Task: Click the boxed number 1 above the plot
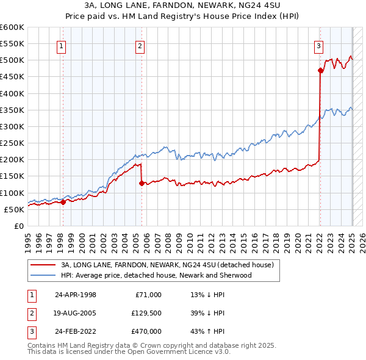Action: tap(62, 45)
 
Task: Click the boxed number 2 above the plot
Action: tap(140, 45)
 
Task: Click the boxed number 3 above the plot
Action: tap(318, 45)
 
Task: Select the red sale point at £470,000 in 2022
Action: tap(320, 70)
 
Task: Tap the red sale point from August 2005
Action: tap(142, 182)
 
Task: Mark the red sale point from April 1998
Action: tap(63, 202)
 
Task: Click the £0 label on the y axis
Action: tap(18, 226)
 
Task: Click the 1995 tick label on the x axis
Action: tap(28, 240)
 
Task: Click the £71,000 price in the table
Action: tap(149, 295)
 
